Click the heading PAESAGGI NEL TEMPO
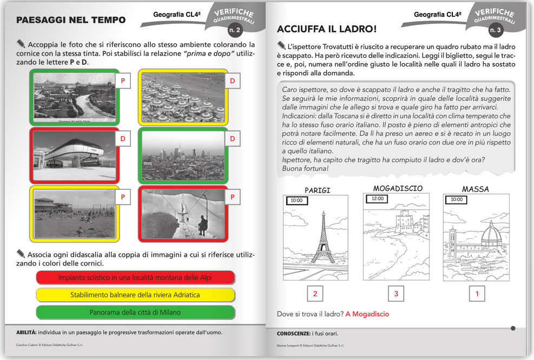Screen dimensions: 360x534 tap(71, 21)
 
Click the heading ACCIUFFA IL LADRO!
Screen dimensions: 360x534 tap(327, 29)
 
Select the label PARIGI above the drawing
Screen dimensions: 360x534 tap(317, 190)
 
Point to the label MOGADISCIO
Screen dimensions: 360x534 tap(398, 188)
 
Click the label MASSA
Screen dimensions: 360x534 tap(476, 189)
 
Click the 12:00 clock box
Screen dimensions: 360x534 tap(378, 198)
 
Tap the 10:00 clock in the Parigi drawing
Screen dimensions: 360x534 tap(296, 200)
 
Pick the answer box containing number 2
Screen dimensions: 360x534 tap(315, 294)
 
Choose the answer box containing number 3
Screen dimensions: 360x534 tap(396, 294)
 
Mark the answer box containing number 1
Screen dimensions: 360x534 tap(477, 294)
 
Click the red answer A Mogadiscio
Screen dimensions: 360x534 tap(367, 314)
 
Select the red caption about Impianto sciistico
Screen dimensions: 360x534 tap(135, 278)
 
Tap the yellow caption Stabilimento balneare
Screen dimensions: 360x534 tap(135, 295)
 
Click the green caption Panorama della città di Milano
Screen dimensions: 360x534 tap(135, 312)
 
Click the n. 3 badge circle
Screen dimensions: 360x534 tap(495, 30)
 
